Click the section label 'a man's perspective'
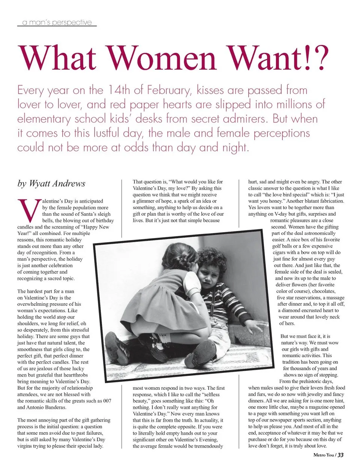tap(57, 22)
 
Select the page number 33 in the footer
tap(340, 455)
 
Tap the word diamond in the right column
tap(291, 310)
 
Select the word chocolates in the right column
tap(322, 291)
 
